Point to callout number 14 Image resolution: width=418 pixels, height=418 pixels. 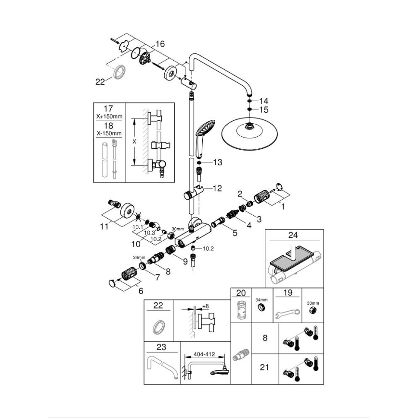(263, 101)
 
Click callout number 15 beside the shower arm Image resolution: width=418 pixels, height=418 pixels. (263, 110)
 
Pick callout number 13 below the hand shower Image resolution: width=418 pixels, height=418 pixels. (217, 163)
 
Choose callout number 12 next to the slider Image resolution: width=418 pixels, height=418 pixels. (217, 188)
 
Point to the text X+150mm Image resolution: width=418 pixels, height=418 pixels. (109, 117)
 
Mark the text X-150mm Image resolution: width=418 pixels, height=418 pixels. (109, 133)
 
